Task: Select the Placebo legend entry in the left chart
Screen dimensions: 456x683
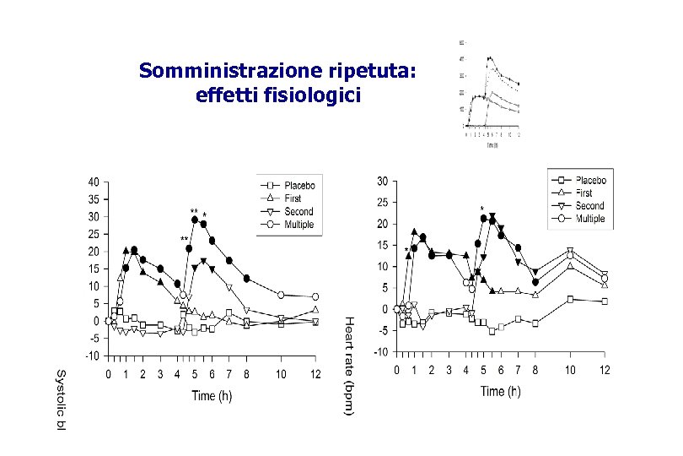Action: (299, 185)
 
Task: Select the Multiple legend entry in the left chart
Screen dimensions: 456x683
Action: (298, 225)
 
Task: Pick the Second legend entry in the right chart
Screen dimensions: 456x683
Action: (589, 205)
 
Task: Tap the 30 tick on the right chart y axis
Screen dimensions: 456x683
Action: (383, 182)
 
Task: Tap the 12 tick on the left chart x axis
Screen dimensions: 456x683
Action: (315, 373)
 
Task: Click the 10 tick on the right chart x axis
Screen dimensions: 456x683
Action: (570, 371)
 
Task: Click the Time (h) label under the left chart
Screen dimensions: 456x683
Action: (211, 395)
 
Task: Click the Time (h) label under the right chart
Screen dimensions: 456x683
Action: (501, 391)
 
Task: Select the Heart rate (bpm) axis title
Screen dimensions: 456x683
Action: (349, 366)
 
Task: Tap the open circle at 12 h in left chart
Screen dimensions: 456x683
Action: (315, 296)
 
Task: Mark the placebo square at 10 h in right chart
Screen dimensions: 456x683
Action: (570, 299)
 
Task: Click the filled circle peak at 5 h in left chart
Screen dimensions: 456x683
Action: (195, 220)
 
